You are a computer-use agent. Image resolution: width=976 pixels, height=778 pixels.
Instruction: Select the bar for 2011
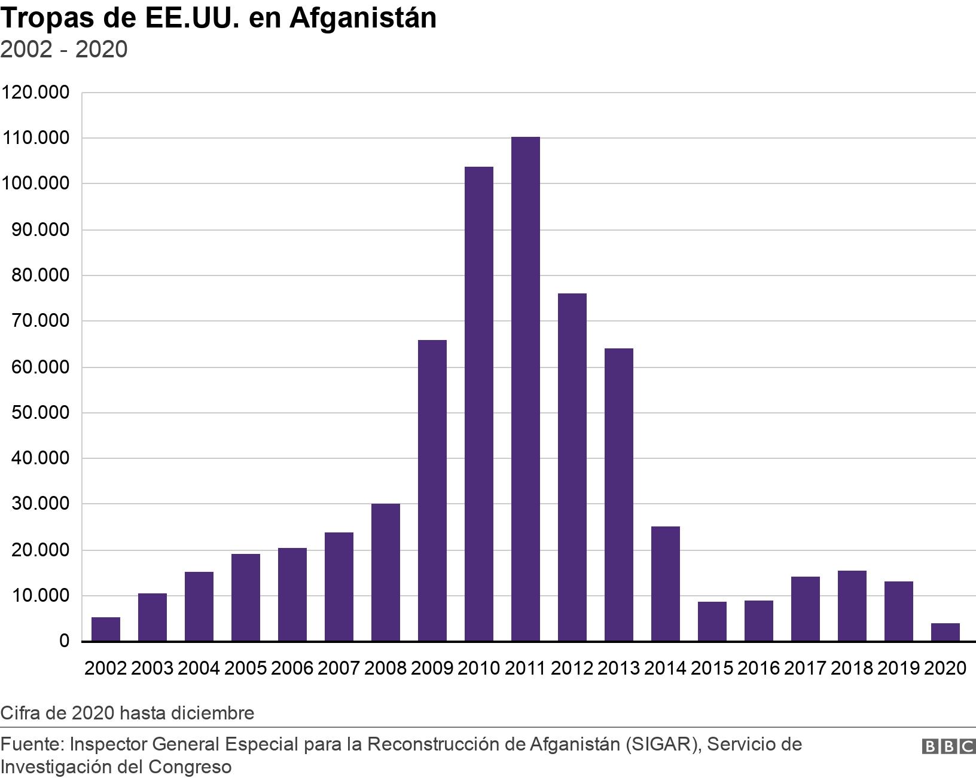pos(525,389)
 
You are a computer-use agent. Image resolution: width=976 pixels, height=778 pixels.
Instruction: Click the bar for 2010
pos(478,404)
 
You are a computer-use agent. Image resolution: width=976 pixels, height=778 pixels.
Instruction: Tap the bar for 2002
pos(106,629)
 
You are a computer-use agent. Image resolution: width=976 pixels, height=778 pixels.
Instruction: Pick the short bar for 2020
pos(945,632)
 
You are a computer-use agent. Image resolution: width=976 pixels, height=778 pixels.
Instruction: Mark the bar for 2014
pos(665,584)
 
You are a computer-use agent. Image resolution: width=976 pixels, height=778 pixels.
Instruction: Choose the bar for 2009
pos(432,491)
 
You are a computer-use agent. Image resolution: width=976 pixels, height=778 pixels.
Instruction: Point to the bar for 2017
pos(805,609)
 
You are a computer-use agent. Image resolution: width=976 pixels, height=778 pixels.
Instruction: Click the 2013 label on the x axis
pos(618,667)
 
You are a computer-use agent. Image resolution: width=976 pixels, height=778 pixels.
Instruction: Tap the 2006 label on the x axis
pos(292,667)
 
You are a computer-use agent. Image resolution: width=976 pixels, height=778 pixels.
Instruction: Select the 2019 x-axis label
pos(898,667)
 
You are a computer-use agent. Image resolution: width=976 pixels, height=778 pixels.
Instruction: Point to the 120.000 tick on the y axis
pos(35,93)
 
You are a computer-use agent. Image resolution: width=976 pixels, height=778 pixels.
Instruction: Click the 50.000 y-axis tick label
pos(40,413)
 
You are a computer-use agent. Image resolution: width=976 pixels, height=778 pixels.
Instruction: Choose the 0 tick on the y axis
pos(64,641)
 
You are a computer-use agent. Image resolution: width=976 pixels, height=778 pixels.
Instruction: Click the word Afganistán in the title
pos(363,18)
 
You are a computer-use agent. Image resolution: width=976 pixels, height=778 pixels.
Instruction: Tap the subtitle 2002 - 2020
pos(64,49)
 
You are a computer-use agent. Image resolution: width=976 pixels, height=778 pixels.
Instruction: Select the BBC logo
pos(948,746)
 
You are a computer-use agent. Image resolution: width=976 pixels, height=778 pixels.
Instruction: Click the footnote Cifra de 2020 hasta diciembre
pos(127,713)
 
